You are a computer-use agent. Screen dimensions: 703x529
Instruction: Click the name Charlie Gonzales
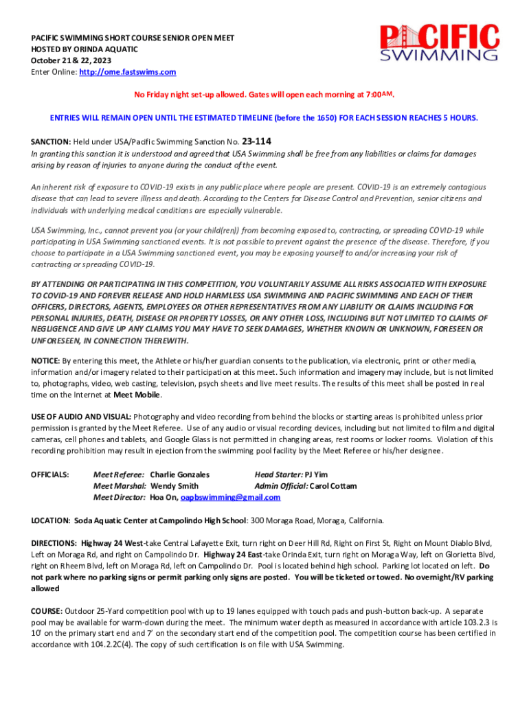click(x=180, y=474)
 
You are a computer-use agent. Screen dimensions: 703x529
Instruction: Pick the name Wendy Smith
click(x=175, y=486)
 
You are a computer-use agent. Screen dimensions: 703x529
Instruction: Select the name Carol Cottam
click(x=333, y=486)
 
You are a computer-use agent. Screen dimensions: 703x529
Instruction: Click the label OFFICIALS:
click(x=49, y=474)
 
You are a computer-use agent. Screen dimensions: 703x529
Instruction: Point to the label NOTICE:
click(x=45, y=360)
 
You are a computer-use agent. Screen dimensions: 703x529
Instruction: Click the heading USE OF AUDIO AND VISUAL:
click(x=81, y=417)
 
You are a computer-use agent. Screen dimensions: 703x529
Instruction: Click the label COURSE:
click(x=47, y=610)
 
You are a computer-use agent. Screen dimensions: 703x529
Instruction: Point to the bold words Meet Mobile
click(x=137, y=395)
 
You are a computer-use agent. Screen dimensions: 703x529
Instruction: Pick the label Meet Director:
click(x=119, y=498)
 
